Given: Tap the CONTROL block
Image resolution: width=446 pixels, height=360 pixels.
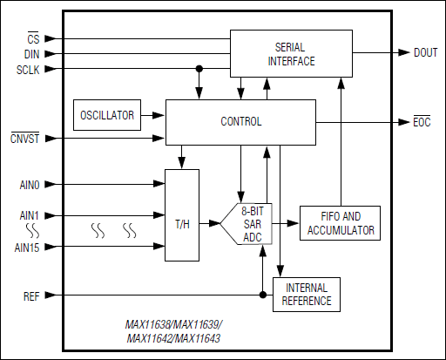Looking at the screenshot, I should pos(241,121).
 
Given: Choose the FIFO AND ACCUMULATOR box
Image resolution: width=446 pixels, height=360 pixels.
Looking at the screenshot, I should pos(341,223).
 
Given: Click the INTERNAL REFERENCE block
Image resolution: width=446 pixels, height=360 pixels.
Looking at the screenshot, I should pos(307,295).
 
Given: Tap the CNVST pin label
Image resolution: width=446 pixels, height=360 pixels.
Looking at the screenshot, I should pos(24,139).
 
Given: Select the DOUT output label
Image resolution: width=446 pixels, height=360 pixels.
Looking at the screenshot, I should pos(426,52).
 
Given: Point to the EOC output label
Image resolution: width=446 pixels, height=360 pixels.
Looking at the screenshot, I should pos(422,121).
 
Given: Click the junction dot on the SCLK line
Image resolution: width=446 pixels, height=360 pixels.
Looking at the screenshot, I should pos(199,68).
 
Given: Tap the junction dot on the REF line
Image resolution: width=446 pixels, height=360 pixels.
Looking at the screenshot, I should pos(261,295).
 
